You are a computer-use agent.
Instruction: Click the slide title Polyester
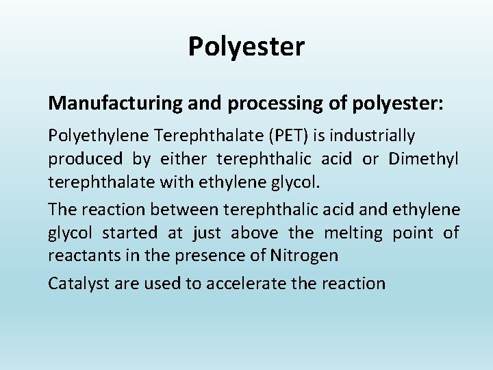click(x=246, y=47)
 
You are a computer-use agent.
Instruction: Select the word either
click(x=183, y=159)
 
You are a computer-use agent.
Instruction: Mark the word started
click(x=129, y=233)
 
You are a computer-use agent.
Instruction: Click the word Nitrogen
click(x=304, y=256)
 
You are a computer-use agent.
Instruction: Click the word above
click(x=254, y=233)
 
